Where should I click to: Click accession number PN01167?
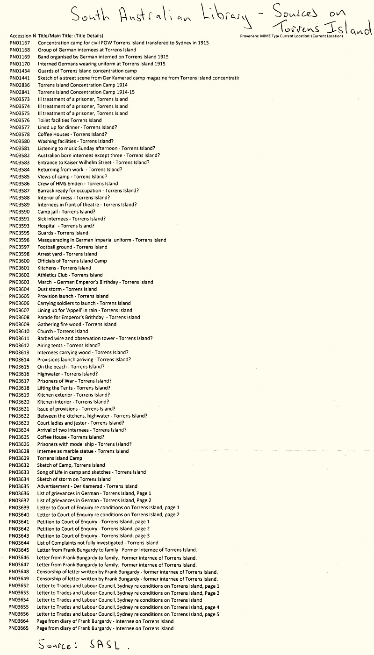tap(20, 43)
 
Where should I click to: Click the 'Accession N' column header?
tap(22, 36)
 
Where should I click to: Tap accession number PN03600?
tap(20, 261)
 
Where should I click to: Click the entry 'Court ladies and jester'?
tap(81, 423)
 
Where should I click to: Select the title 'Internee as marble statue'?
tap(83, 451)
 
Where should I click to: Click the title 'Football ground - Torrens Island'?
tap(72, 247)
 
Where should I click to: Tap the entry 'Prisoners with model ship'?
tap(84, 444)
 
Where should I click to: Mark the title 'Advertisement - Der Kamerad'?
tap(87, 486)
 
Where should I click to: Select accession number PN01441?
tap(20, 78)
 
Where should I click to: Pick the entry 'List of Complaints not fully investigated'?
tap(97, 543)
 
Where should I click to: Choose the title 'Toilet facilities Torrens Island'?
tap(70, 120)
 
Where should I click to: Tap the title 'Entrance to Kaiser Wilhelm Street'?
tap(93, 163)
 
